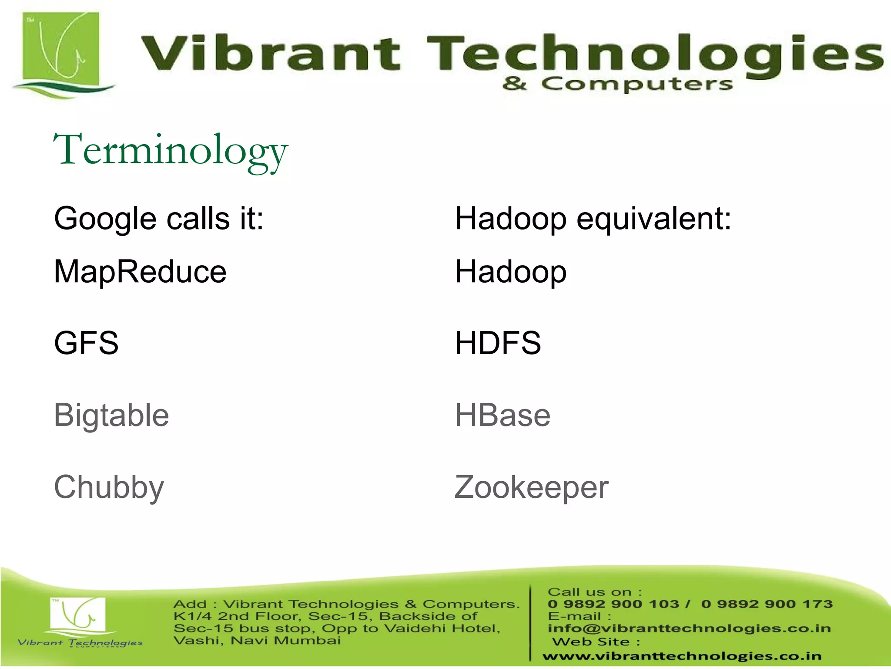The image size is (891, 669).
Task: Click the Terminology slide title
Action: click(171, 151)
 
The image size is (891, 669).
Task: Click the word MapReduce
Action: click(140, 272)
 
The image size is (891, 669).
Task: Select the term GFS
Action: click(86, 343)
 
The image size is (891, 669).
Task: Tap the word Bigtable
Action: click(111, 415)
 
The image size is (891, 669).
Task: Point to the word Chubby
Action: click(109, 487)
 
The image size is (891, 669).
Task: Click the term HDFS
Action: click(498, 343)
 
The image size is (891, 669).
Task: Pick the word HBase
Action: click(502, 415)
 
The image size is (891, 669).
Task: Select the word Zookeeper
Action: click(531, 487)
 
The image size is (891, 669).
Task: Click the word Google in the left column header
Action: click(105, 219)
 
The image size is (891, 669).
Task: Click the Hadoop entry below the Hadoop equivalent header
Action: click(511, 272)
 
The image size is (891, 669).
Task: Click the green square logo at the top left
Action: click(61, 50)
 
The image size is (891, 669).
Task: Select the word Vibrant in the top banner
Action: click(270, 54)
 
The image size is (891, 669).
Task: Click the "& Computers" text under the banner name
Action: click(617, 84)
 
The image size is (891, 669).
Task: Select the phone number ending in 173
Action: click(767, 604)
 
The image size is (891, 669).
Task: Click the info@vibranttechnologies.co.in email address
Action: click(689, 628)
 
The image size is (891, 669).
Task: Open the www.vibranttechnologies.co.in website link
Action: click(682, 656)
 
